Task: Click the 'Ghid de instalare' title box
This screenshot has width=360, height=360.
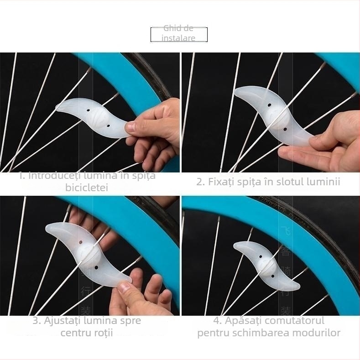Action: click(179, 34)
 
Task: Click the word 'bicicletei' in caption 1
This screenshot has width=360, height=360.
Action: click(87, 188)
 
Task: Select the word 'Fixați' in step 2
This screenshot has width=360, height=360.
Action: click(221, 182)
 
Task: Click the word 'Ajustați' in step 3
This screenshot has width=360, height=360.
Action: click(62, 320)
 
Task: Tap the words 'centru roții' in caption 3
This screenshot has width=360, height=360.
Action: click(87, 333)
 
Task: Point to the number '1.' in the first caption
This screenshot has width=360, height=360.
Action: click(22, 176)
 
